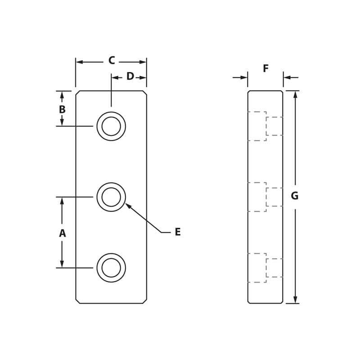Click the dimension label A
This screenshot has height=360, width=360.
pyautogui.click(x=62, y=233)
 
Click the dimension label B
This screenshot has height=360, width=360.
pyautogui.click(x=62, y=109)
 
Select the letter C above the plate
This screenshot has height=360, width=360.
pyautogui.click(x=112, y=61)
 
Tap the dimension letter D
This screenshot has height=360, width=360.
pyautogui.click(x=130, y=76)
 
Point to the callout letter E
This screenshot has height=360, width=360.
pyautogui.click(x=177, y=232)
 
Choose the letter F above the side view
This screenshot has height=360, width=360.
pyautogui.click(x=265, y=69)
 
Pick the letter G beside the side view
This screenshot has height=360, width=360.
pyautogui.click(x=294, y=196)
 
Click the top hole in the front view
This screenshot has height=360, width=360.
pyautogui.click(x=111, y=126)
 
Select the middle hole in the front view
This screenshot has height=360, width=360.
pyautogui.click(x=111, y=197)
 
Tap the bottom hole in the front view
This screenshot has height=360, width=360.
pyautogui.click(x=111, y=268)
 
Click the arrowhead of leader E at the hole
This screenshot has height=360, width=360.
pyautogui.click(x=128, y=205)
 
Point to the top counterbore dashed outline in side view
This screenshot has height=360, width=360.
pyautogui.click(x=265, y=126)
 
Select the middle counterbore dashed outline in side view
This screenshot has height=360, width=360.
pyautogui.click(x=265, y=197)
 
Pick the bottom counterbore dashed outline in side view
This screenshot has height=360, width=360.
pyautogui.click(x=265, y=268)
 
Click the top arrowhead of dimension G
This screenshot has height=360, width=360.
pyautogui.click(x=295, y=94)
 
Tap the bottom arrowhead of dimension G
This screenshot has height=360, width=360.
pyautogui.click(x=295, y=300)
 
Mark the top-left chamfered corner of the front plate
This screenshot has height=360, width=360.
pyautogui.click(x=78, y=93)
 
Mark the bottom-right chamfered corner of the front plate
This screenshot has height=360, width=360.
pyautogui.click(x=144, y=301)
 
